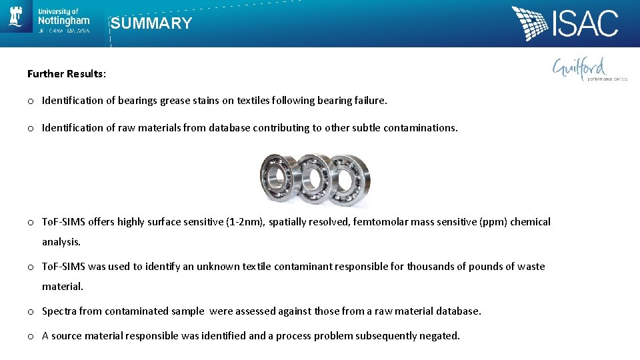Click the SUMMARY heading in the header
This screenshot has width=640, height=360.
[x=151, y=24]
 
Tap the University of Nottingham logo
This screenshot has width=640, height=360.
[x=50, y=21]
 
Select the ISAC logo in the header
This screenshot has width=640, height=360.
[x=565, y=24]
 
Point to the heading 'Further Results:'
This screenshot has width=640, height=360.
[x=66, y=74]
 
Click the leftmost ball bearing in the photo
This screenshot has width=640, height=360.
[x=279, y=177]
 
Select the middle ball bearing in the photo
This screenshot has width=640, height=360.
[x=314, y=179]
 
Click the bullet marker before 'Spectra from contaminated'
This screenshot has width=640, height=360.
[x=31, y=311]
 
